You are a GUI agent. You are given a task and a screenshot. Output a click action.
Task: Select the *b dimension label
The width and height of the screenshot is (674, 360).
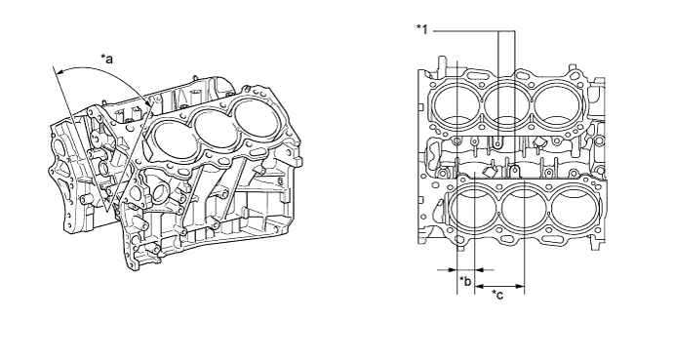pyautogui.click(x=465, y=283)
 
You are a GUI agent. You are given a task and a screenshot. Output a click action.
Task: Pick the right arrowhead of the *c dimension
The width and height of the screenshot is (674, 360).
pyautogui.click(x=523, y=288)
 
